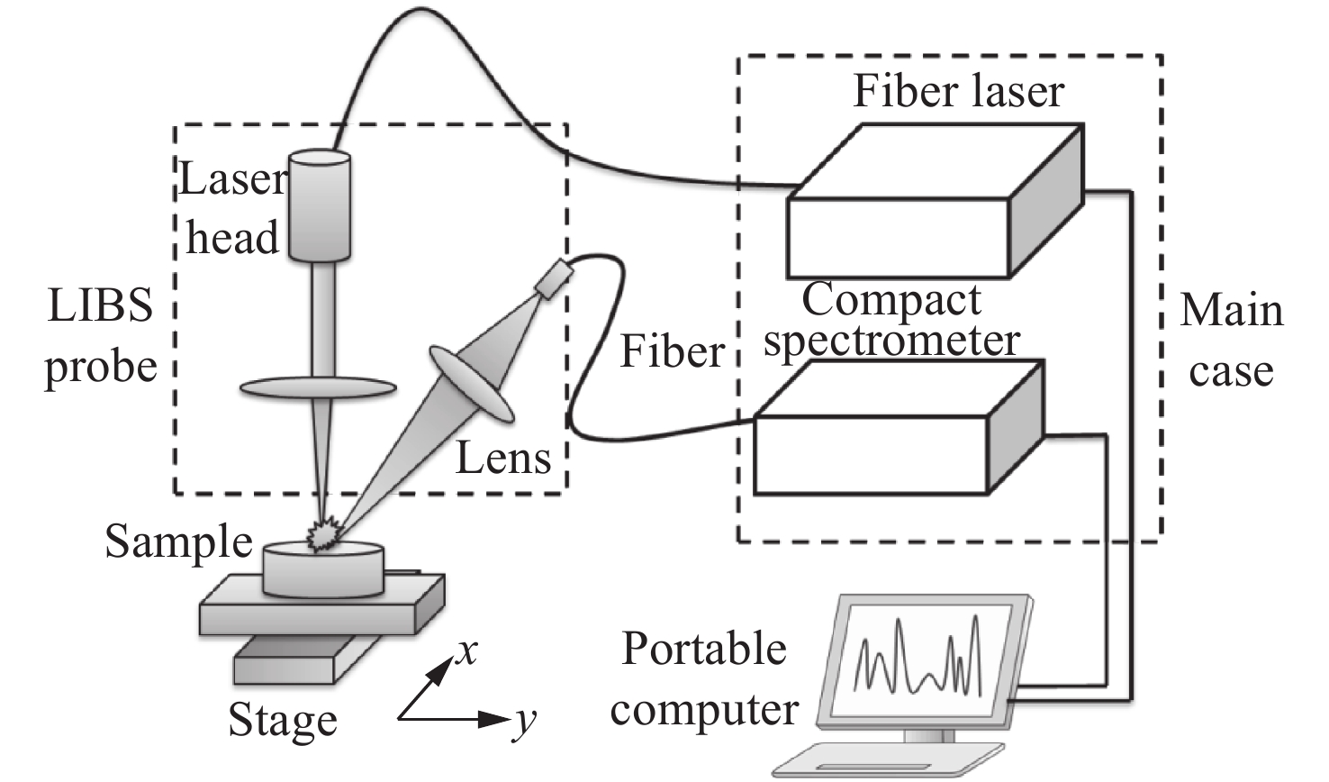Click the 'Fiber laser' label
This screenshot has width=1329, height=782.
[x=958, y=92]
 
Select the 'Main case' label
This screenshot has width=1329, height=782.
[x=1231, y=341]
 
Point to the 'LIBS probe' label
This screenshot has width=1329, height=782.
[x=101, y=336]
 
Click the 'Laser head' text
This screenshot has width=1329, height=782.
[x=231, y=209]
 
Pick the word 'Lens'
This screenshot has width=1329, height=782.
[x=503, y=458]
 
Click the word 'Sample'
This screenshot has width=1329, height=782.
[x=178, y=542]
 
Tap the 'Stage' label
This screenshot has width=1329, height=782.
[x=282, y=721]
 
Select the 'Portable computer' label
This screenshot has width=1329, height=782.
[x=704, y=678]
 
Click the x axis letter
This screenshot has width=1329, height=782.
[x=466, y=650]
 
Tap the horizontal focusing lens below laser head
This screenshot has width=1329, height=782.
[x=318, y=388]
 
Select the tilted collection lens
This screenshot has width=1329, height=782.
[x=472, y=384]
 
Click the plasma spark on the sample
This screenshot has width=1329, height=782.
[x=322, y=535]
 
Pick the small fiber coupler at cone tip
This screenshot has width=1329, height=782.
[x=553, y=277]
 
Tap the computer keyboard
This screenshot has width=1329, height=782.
[x=887, y=759]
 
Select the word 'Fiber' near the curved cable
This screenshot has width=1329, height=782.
[x=672, y=351]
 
